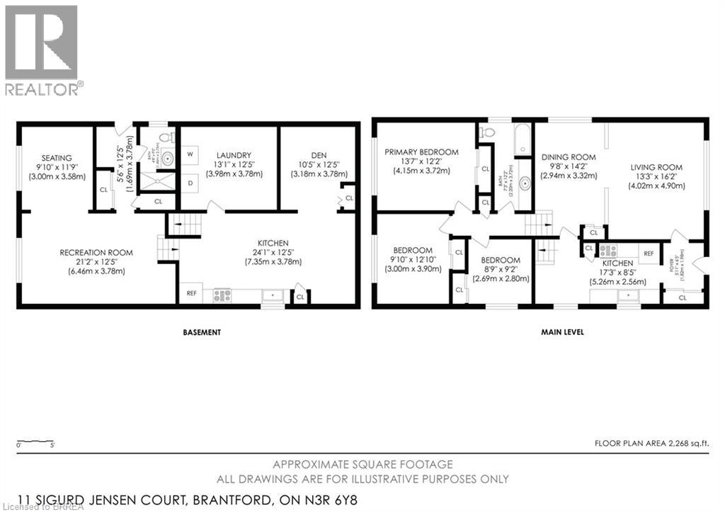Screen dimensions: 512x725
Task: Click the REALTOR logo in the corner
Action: pos(42,48)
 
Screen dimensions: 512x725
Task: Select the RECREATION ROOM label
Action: pos(96,253)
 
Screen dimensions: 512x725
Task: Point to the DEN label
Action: pos(319,154)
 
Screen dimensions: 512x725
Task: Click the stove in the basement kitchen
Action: pos(222,295)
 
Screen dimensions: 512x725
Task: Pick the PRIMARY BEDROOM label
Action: pos(421,152)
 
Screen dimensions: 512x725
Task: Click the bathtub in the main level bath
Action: pos(523,139)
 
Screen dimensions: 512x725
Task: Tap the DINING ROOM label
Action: pos(569,157)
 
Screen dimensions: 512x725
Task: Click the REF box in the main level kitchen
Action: pos(648,251)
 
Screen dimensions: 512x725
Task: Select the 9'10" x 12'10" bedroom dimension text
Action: pos(413,259)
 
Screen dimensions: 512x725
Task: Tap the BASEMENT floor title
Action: pos(202,332)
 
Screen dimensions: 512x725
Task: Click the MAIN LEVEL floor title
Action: pos(564,332)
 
